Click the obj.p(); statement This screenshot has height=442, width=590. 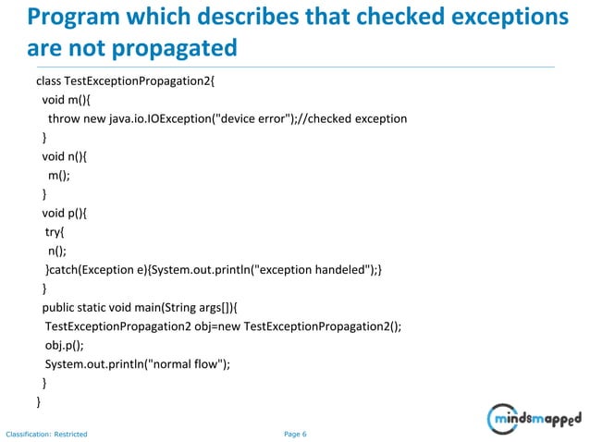64,345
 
